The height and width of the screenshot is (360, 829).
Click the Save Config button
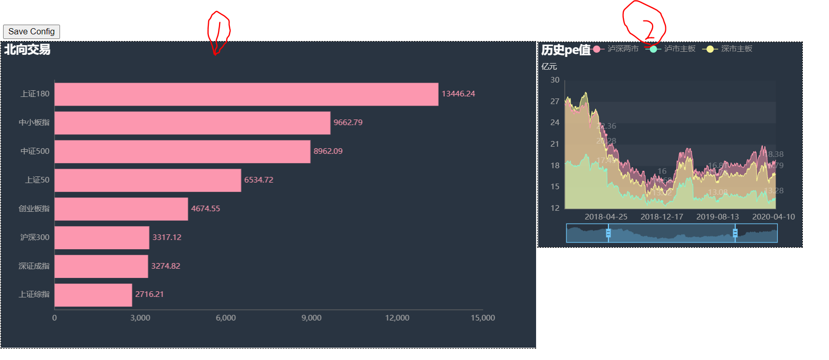31,32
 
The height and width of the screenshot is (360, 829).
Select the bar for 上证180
246,94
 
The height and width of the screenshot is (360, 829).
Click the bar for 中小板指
192,123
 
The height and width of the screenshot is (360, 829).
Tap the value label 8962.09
328,151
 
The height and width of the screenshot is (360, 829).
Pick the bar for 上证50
148,180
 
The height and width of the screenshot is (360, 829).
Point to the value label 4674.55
205,209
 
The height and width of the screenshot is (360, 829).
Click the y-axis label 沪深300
35,237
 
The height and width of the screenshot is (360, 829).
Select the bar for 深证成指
101,266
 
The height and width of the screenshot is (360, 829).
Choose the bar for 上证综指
93,295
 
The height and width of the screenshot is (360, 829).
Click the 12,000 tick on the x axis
397,318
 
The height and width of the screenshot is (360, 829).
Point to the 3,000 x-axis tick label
140,318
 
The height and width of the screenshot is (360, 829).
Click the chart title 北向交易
27,50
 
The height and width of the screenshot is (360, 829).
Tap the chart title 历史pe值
566,50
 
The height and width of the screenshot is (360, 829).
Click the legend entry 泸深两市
622,49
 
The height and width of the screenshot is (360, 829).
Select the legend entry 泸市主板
679,49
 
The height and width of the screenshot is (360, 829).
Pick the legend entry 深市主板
736,49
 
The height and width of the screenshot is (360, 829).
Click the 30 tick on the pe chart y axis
555,80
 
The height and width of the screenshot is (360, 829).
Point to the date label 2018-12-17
662,217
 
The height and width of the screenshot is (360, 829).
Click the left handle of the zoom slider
608,233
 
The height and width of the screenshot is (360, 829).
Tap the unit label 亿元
549,67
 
